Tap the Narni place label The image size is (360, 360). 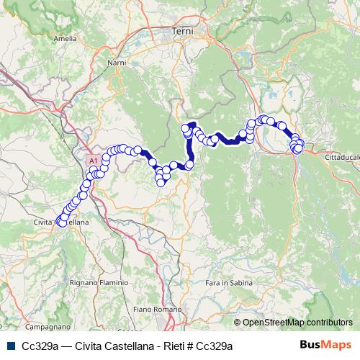[x=117, y=64]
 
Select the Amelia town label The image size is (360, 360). [x=65, y=38]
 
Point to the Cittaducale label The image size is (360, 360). [x=336, y=156]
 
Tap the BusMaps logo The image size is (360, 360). [x=325, y=346]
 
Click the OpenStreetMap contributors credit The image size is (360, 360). [x=297, y=323]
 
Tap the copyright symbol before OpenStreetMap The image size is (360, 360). [x=237, y=323]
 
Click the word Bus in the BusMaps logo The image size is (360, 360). [x=311, y=346]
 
